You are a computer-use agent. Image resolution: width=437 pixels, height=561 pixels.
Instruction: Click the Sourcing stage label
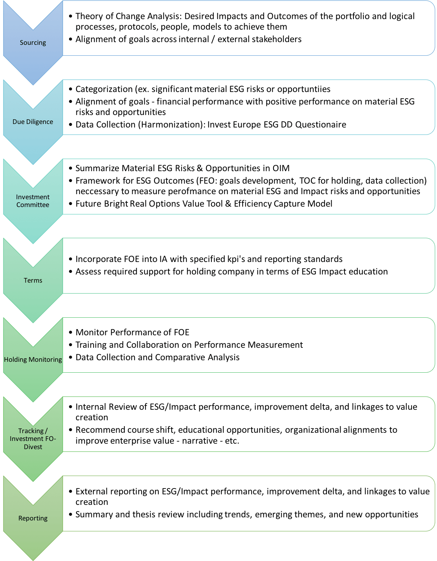click(x=33, y=42)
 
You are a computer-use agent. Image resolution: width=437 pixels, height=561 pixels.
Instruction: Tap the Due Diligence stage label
click(x=33, y=122)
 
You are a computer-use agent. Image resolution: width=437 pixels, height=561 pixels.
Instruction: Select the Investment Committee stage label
click(x=33, y=201)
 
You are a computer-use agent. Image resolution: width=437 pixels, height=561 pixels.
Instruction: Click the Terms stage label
click(x=33, y=280)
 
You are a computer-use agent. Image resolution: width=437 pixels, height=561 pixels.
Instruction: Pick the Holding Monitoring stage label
click(x=33, y=359)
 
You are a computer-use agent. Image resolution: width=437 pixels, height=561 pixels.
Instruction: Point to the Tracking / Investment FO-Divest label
click(x=33, y=439)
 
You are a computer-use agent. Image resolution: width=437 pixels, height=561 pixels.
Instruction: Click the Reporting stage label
click(x=33, y=518)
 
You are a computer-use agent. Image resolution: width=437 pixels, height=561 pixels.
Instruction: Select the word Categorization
click(x=104, y=89)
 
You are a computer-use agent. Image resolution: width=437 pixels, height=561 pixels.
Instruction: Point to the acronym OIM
click(x=281, y=168)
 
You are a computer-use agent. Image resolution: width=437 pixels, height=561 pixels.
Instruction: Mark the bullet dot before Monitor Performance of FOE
click(x=70, y=333)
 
